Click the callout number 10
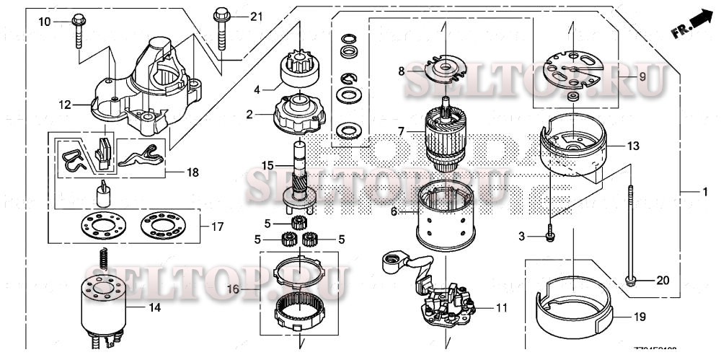[45, 22]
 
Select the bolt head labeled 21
[218, 13]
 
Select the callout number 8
[402, 71]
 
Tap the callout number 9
[640, 76]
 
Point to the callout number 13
[633, 146]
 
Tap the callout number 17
[217, 226]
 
